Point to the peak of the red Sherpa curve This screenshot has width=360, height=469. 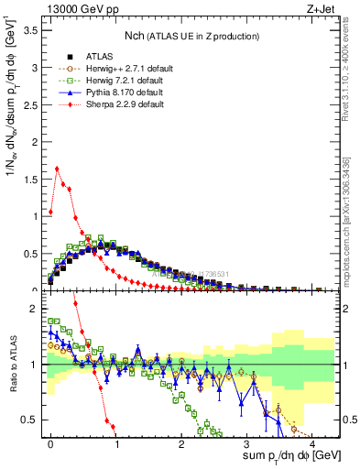click(x=57, y=169)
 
